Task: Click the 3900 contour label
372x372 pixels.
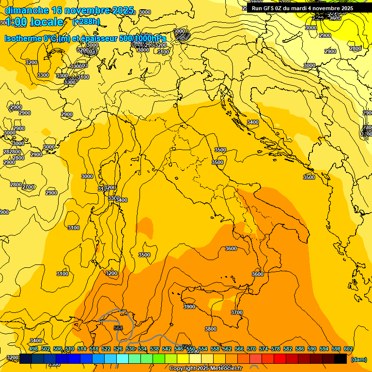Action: coord(189,307)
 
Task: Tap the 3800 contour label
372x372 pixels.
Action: coord(211,329)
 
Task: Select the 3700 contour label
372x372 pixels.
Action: coord(236,312)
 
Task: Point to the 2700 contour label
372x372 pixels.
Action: coord(28,187)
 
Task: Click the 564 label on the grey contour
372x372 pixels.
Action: coord(118,328)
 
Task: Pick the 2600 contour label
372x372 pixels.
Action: coord(335,18)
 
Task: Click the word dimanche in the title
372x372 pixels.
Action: coord(27,10)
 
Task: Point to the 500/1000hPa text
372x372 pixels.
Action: coord(142,39)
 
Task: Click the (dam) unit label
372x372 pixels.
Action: coord(358,359)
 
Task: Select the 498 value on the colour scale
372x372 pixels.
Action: coord(33,349)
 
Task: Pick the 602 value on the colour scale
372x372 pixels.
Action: coord(348,349)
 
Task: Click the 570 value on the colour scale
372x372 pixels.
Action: coord(251,349)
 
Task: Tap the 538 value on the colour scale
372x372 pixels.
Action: coord(154,349)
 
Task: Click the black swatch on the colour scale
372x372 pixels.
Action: coord(340,358)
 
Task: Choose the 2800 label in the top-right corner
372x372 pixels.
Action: coord(356,48)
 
